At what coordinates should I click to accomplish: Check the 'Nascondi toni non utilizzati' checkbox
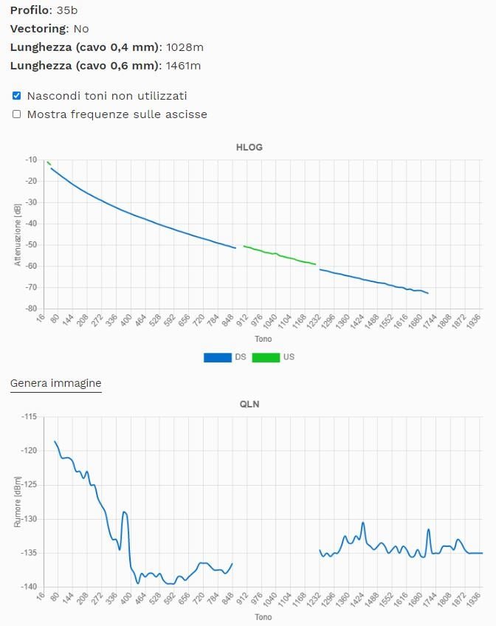[x=16, y=96]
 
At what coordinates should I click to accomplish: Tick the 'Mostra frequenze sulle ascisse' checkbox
[x=16, y=114]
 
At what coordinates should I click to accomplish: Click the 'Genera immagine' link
[x=55, y=383]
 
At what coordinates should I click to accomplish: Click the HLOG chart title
[x=249, y=147]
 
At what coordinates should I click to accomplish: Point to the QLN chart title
[x=249, y=404]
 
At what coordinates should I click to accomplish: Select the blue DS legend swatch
[x=217, y=357]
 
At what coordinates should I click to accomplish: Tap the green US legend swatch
[x=265, y=357]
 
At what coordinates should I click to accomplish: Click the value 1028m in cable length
[x=185, y=47]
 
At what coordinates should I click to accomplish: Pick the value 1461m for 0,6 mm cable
[x=183, y=66]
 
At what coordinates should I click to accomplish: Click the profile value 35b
[x=66, y=10]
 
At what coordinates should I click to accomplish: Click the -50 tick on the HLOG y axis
[x=30, y=244]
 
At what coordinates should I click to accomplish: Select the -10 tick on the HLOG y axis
[x=30, y=159]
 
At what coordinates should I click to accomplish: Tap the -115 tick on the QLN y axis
[x=28, y=417]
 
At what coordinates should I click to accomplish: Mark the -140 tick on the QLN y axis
[x=28, y=587]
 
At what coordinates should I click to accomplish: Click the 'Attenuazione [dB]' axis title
[x=17, y=233]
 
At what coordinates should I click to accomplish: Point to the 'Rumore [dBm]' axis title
[x=17, y=502]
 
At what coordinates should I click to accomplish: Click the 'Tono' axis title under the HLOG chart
[x=263, y=340]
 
